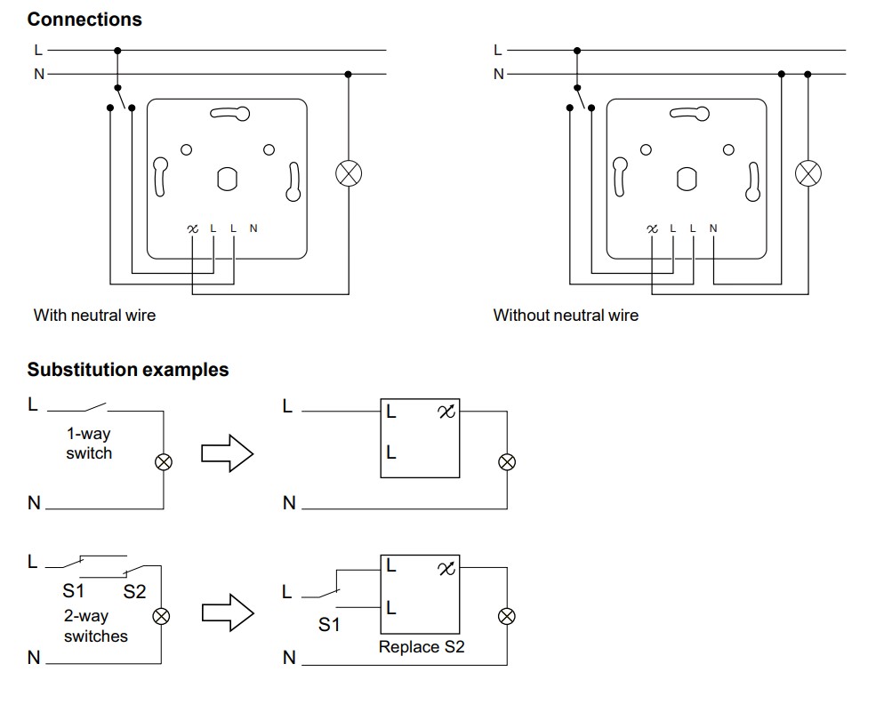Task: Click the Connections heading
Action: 84,20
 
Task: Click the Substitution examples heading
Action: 128,370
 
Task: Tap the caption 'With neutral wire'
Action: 94,315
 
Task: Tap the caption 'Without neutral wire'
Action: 566,315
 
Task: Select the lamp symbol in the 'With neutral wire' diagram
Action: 349,173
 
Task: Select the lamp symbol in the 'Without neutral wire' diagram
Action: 808,173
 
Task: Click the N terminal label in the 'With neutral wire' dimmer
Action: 253,228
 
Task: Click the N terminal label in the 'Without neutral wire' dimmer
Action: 713,228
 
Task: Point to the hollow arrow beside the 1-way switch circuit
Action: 228,452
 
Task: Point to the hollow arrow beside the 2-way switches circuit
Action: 228,612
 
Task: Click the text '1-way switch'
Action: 89,444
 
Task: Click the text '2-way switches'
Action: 96,626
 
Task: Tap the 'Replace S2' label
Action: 422,646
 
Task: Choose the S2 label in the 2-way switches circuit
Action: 135,591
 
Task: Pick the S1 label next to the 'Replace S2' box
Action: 329,624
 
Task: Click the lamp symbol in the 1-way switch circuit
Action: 164,462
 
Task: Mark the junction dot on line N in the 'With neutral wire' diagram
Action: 348,75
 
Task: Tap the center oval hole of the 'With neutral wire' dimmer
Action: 227,180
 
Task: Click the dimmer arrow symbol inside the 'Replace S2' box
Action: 446,568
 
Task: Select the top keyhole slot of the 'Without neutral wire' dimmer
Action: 689,114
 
